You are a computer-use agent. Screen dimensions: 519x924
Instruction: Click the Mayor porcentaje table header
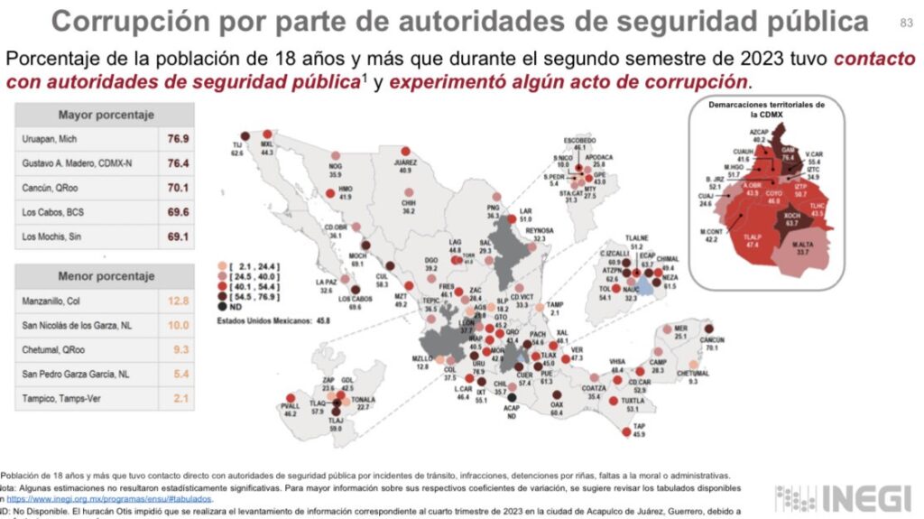point(106,116)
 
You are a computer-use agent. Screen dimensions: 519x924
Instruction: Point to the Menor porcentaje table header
point(106,276)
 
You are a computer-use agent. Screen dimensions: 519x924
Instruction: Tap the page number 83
point(906,23)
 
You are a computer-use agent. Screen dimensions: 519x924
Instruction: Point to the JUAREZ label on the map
point(403,162)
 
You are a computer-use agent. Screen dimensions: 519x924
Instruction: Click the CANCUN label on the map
point(712,340)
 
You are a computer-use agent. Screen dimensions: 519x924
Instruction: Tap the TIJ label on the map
point(237,146)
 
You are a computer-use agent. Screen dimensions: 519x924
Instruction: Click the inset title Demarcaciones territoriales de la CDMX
point(767,108)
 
